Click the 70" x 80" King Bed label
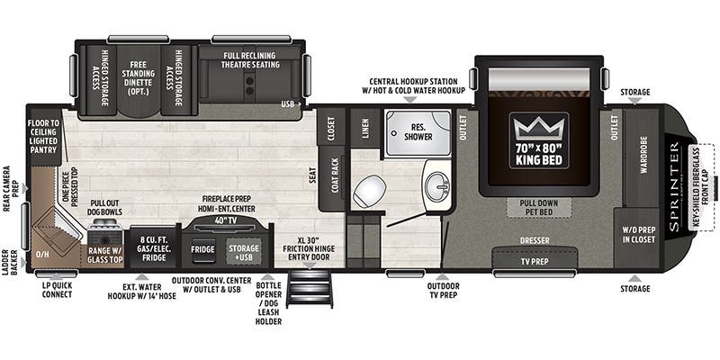tap(539, 155)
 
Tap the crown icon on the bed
tap(539, 127)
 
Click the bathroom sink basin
tap(437, 187)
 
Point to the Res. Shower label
tap(418, 131)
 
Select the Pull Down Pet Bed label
tap(539, 208)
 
